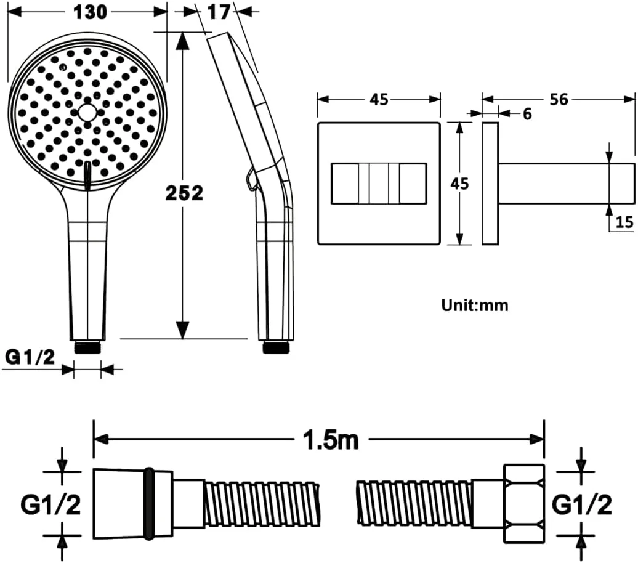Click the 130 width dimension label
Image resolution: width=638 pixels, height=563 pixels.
pyautogui.click(x=90, y=12)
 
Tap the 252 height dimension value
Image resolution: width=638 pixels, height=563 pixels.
pyautogui.click(x=184, y=193)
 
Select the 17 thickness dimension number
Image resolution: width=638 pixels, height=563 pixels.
pyautogui.click(x=219, y=12)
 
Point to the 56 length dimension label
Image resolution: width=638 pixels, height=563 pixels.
pyautogui.click(x=559, y=99)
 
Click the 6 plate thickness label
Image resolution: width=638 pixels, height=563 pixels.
pyautogui.click(x=527, y=114)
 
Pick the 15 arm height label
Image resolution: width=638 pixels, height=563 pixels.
pyautogui.click(x=624, y=222)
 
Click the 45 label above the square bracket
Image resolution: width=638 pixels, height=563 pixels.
pyautogui.click(x=379, y=100)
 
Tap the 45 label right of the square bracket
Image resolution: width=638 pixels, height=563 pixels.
pyautogui.click(x=459, y=184)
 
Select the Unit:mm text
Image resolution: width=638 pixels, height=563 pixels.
pyautogui.click(x=475, y=306)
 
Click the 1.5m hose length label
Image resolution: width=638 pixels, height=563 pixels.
pyautogui.click(x=331, y=440)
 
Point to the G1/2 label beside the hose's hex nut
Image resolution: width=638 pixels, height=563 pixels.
pyautogui.click(x=582, y=504)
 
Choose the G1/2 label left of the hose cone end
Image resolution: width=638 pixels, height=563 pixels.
pyautogui.click(x=51, y=504)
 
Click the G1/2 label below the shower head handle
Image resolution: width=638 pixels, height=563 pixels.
pyautogui.click(x=30, y=357)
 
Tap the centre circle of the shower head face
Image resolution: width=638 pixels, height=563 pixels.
pyautogui.click(x=87, y=112)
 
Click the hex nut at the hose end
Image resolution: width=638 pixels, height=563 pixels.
pyautogui.click(x=524, y=504)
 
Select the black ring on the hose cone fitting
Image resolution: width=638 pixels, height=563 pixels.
pyautogui.click(x=149, y=504)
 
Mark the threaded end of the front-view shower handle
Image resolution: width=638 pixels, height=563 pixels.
pyautogui.click(x=87, y=347)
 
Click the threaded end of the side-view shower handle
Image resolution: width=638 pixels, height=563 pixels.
pyautogui.click(x=277, y=347)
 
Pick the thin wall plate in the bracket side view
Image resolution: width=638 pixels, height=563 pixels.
pyautogui.click(x=490, y=183)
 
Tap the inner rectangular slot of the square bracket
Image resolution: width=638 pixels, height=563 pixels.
pyautogui.click(x=379, y=183)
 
